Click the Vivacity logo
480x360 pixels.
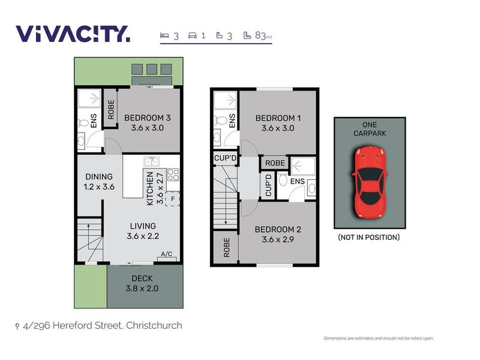(73, 34)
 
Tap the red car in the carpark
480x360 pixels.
(369, 182)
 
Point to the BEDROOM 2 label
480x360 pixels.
(277, 234)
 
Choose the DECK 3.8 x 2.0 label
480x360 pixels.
(143, 283)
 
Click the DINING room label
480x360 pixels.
(99, 181)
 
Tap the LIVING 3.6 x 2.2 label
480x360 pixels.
(143, 231)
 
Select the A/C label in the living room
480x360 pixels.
(167, 254)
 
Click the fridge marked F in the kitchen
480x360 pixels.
(173, 199)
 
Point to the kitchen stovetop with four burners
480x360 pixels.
(173, 175)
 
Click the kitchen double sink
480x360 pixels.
(151, 161)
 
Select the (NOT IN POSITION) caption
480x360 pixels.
(369, 237)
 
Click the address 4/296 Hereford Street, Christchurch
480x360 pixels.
(102, 326)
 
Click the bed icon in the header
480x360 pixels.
(164, 35)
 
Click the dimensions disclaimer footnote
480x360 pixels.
(378, 338)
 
